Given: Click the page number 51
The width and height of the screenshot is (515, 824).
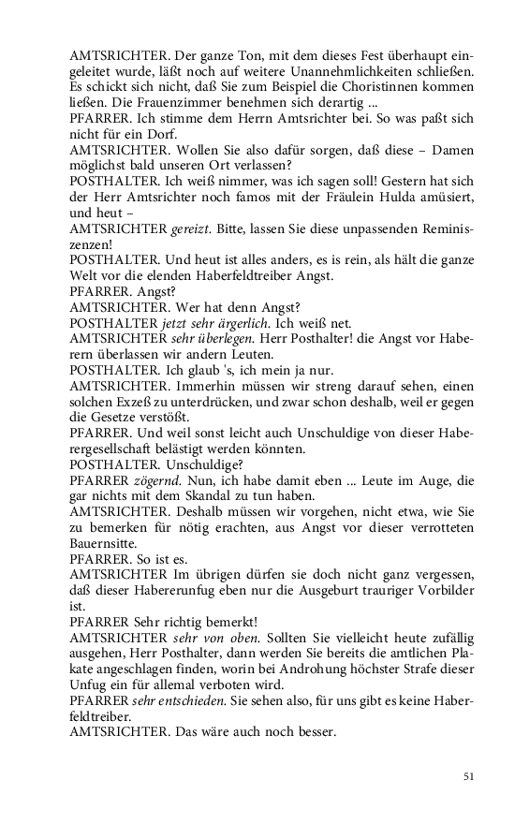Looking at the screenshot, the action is coord(468,775).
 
